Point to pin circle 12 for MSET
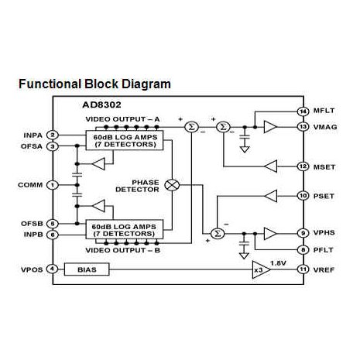tap(302, 166)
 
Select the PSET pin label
tap(324, 196)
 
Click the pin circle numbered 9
tap(302, 233)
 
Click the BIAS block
tap(85, 269)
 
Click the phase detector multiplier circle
tap(173, 185)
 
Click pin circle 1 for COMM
tap(52, 185)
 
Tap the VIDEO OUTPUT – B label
tap(124, 252)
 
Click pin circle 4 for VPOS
tap(52, 269)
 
